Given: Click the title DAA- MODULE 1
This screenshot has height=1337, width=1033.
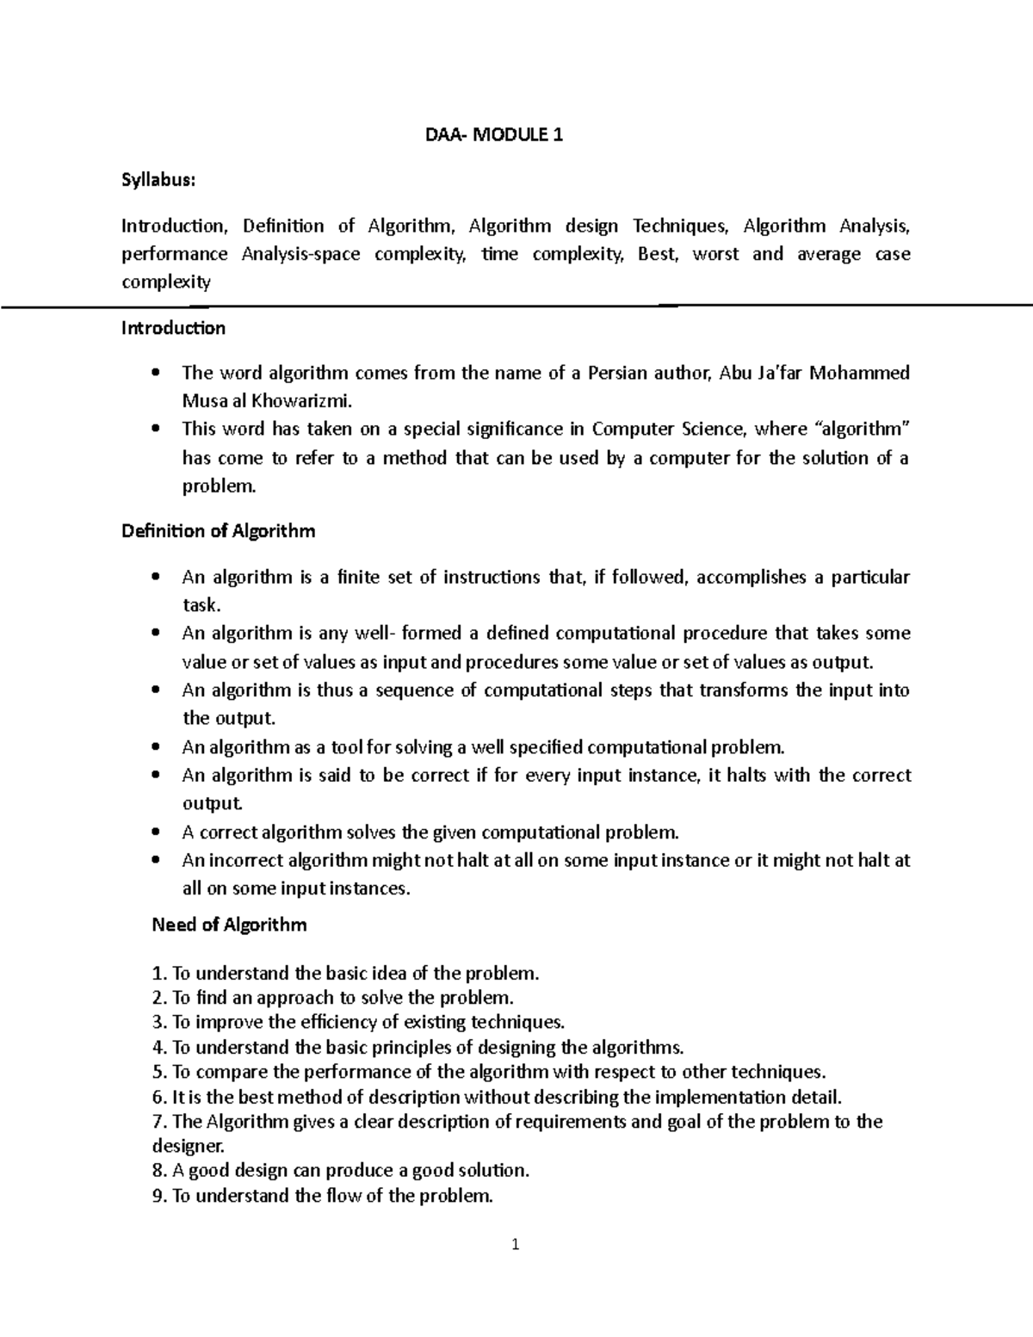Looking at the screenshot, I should [495, 135].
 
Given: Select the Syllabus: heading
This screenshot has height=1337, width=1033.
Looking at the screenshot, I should [158, 180].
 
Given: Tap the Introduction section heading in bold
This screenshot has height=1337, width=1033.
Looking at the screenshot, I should [173, 328].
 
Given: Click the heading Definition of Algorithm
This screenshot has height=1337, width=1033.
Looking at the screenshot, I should [218, 531].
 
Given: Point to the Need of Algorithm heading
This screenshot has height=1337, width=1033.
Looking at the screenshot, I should [229, 925].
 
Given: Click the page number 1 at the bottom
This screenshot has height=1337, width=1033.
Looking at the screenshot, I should [515, 1244].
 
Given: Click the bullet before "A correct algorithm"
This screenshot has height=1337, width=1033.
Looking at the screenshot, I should [155, 833].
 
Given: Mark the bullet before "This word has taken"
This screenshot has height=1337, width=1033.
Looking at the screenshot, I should [155, 429].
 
